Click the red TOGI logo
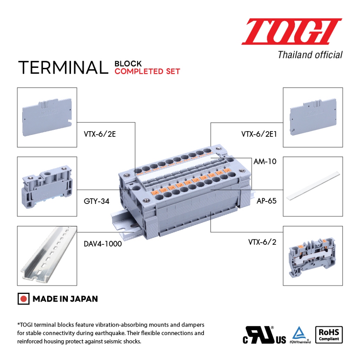click(291, 31)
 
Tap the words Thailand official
click(310, 55)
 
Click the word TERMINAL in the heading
click(63, 67)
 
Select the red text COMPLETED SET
click(147, 71)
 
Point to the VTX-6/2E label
click(99, 134)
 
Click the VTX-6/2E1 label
click(259, 134)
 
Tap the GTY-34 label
click(96, 201)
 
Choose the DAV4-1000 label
click(103, 244)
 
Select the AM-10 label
click(265, 162)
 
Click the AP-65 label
click(266, 201)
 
